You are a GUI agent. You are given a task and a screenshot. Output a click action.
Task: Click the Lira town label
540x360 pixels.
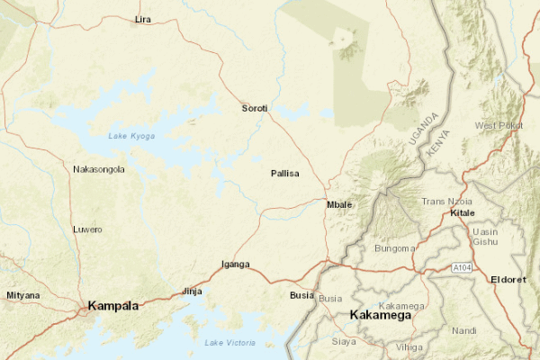click(142, 19)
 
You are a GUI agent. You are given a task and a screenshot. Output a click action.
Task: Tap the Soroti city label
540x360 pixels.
click(255, 109)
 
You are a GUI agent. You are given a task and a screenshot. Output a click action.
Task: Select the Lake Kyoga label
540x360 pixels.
click(131, 136)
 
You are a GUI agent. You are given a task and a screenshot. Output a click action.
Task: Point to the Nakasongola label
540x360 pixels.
click(99, 169)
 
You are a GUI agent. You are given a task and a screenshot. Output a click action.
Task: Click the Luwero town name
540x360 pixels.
click(87, 229)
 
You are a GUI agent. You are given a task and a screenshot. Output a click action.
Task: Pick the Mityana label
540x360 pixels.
click(22, 295)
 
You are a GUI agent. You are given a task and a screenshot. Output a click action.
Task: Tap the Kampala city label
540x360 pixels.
click(113, 307)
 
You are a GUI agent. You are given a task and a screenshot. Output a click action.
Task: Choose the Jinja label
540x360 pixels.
click(192, 292)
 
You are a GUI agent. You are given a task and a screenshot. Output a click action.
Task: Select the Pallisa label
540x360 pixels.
click(284, 173)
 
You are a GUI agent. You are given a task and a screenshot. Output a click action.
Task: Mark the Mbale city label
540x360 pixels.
click(339, 204)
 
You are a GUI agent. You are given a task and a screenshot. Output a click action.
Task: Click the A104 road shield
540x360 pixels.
click(462, 268)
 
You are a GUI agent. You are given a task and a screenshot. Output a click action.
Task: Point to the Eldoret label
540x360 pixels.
click(508, 280)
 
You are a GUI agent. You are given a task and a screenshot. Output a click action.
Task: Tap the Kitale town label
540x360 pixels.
click(462, 213)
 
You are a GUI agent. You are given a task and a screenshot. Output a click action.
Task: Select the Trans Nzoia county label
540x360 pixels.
click(447, 201)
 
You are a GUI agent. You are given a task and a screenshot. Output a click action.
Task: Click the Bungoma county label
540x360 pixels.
click(395, 248)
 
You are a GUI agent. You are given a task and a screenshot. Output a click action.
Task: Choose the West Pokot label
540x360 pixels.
click(499, 125)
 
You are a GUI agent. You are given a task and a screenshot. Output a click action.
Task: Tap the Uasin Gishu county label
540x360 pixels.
click(486, 238)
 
